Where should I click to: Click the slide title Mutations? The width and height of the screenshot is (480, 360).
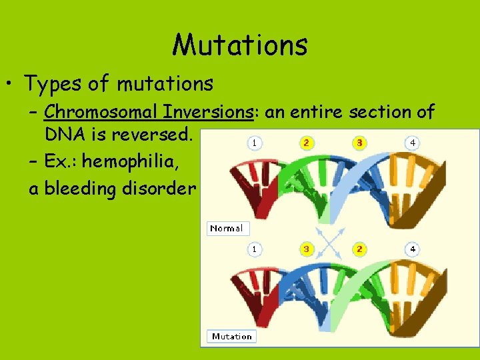(x=240, y=45)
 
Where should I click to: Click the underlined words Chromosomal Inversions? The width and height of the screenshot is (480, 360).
(x=149, y=112)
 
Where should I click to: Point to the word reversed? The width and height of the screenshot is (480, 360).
(x=152, y=135)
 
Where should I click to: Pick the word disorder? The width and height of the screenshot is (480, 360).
(x=159, y=189)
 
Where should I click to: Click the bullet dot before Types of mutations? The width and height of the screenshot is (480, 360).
(x=11, y=85)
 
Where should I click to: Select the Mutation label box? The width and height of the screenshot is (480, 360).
(x=231, y=337)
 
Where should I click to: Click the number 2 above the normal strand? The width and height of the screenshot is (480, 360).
(x=306, y=143)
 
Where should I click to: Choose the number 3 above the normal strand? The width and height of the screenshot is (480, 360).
(x=359, y=143)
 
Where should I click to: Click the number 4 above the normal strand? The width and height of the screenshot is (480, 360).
(x=413, y=143)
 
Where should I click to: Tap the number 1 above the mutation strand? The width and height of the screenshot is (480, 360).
(x=253, y=249)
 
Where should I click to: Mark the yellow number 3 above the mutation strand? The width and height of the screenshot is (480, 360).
(x=306, y=249)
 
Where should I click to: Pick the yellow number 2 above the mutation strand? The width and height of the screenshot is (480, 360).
(x=359, y=249)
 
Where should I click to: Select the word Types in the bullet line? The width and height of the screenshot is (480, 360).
(x=51, y=84)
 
